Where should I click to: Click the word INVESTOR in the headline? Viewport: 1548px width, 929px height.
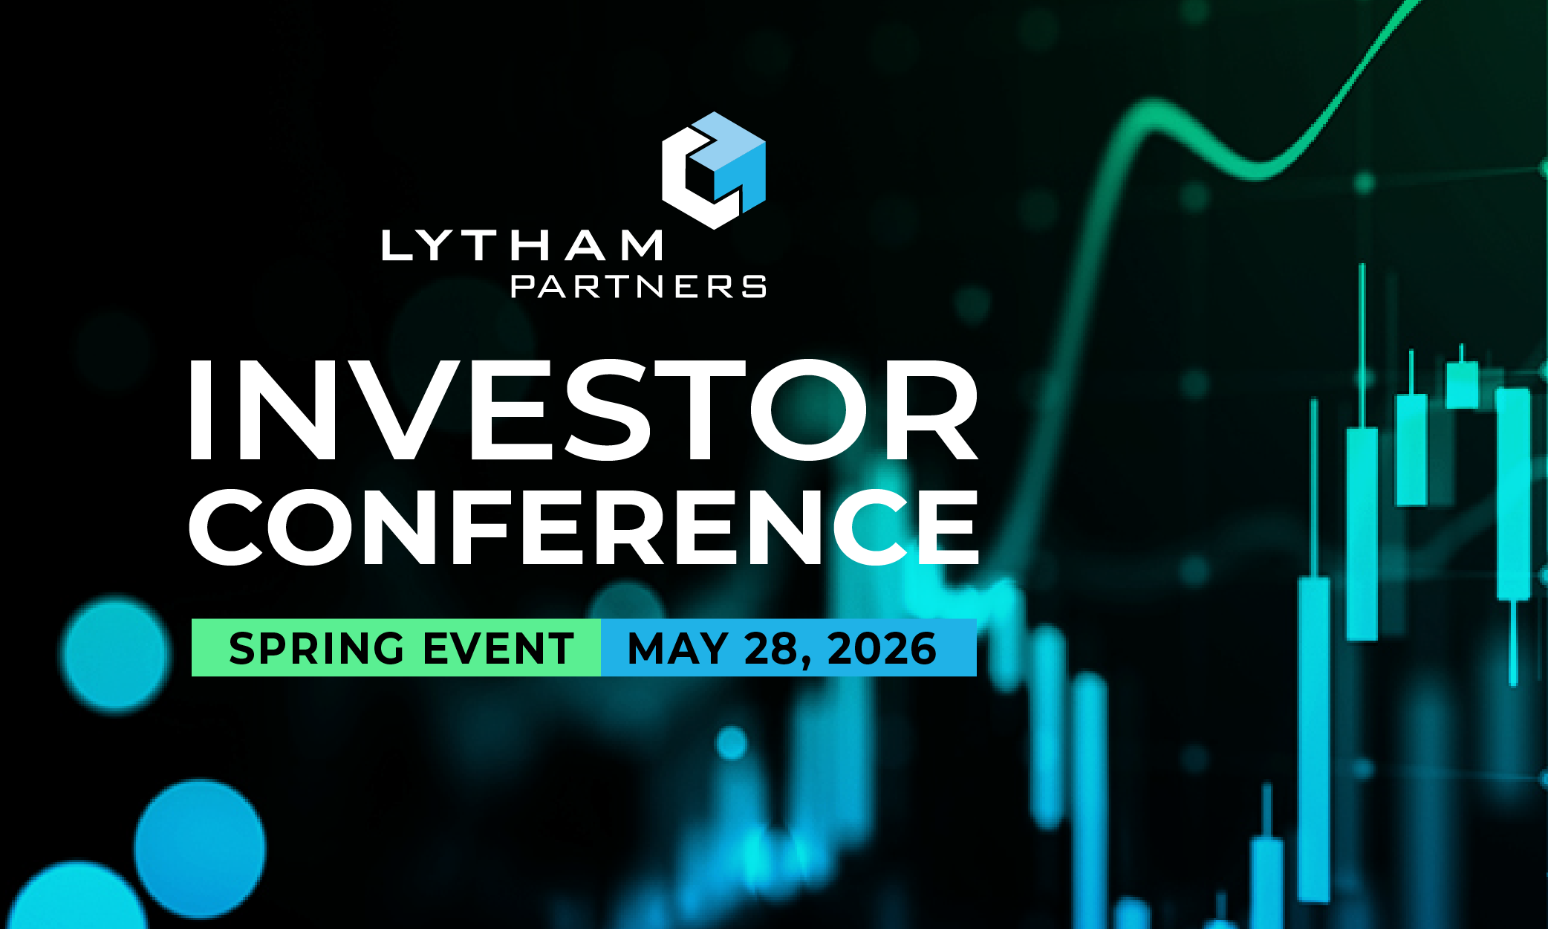[584, 410]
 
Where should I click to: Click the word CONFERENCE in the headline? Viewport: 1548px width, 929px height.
[584, 527]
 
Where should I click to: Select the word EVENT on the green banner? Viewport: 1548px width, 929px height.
[499, 648]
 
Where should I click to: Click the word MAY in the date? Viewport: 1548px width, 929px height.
[677, 648]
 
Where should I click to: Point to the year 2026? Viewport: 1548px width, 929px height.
[882, 648]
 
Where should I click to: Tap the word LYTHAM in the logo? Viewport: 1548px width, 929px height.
[521, 245]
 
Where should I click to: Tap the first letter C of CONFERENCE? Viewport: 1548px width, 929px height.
[226, 527]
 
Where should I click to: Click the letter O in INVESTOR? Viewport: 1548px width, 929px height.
[808, 410]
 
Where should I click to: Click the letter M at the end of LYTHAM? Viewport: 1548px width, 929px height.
[642, 245]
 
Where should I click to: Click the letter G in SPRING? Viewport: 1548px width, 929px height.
[387, 648]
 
